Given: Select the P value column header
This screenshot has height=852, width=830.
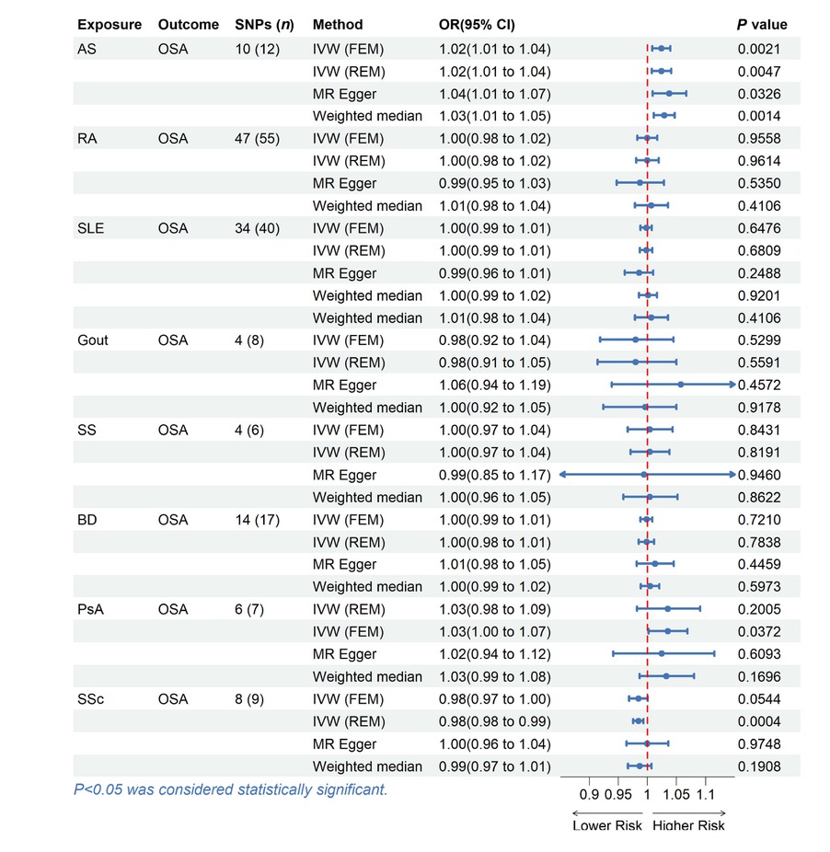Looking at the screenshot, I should point(762,25).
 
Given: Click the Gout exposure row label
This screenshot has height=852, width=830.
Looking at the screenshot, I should point(92,340).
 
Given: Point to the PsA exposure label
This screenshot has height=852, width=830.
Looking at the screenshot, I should point(91,609).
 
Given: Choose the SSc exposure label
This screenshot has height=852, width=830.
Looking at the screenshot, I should point(91,699).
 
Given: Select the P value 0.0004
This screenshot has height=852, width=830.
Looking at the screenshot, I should point(760,721).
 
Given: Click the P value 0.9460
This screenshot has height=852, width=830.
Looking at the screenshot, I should point(760,475).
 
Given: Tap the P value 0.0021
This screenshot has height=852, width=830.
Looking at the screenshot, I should point(760,48).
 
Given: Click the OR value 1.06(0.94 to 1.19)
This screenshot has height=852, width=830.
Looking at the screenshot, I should point(495,385).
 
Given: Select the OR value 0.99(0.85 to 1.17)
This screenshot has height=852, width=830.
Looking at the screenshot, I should point(495,475).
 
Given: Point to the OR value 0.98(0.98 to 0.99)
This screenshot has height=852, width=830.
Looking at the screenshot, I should point(495,721).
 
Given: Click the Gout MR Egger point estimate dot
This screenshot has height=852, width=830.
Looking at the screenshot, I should point(680,385).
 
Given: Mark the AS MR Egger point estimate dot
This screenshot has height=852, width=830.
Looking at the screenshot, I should point(669,93).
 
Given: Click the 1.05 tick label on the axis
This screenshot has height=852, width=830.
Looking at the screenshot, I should point(676,794).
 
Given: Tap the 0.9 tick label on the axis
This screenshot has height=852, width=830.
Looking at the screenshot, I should point(589,794).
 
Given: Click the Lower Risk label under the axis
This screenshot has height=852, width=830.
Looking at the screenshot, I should point(607,825).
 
